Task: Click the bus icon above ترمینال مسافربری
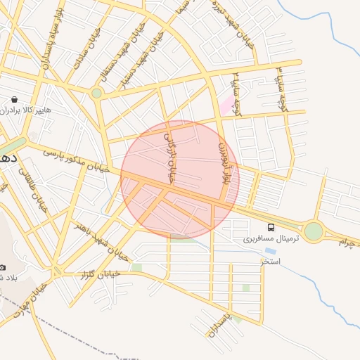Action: coord(271,227)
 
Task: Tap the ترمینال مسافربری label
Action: coord(271,239)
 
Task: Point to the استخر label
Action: coord(271,261)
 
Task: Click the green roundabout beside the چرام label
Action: coord(313,231)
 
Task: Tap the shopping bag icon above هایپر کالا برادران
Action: coord(15,99)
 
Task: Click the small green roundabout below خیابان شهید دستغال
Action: coord(96,92)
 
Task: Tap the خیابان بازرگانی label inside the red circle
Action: coord(169,158)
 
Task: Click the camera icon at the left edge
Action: coord(3,268)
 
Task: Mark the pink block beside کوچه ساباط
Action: coord(227,107)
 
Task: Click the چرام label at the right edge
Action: coord(348,242)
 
